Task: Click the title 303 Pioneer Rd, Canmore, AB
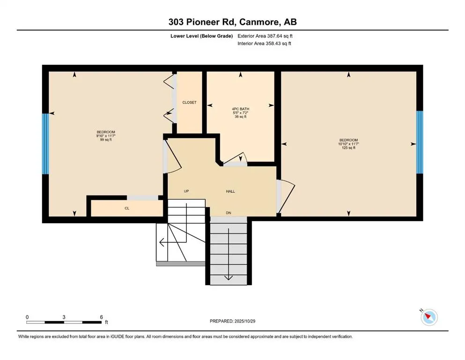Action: pyautogui.click(x=232, y=22)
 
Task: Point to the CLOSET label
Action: pyautogui.click(x=189, y=102)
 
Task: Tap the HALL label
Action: pyautogui.click(x=230, y=191)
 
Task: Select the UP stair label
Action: pyautogui.click(x=186, y=191)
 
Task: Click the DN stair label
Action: pyautogui.click(x=229, y=213)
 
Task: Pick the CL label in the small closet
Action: pyautogui.click(x=126, y=208)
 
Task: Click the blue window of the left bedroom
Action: pyautogui.click(x=45, y=143)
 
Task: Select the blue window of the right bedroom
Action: pyautogui.click(x=420, y=142)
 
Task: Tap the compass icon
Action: pyautogui.click(x=428, y=317)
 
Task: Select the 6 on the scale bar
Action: pyautogui.click(x=101, y=317)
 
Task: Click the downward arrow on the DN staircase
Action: pyautogui.click(x=228, y=277)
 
